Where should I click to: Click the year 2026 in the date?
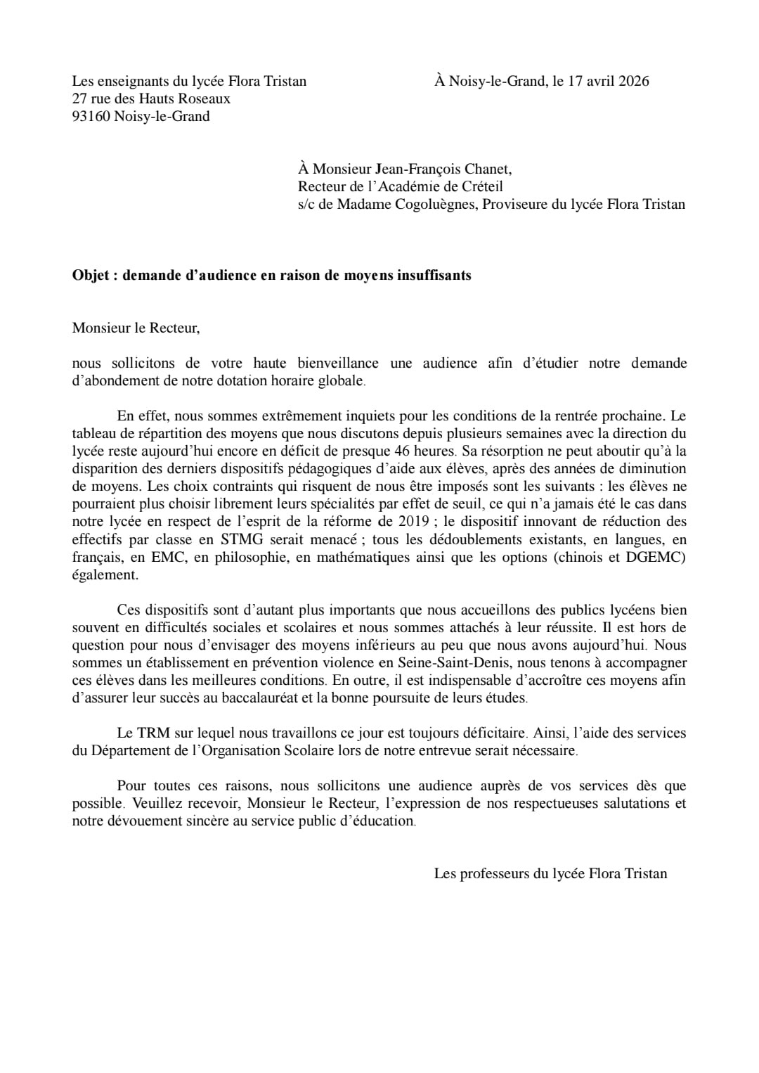click(x=633, y=81)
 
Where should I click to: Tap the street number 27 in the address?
click(x=79, y=99)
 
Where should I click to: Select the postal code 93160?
click(x=91, y=117)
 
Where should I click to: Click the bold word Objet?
click(x=90, y=275)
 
